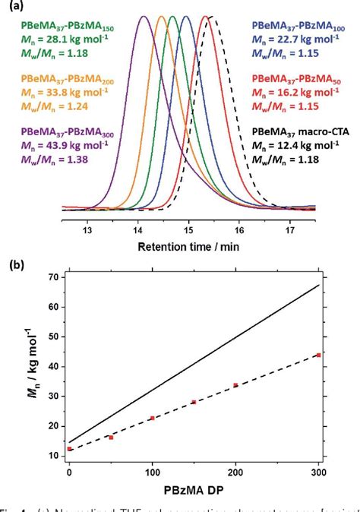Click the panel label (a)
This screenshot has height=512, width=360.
click(11, 7)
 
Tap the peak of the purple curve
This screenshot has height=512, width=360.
click(141, 16)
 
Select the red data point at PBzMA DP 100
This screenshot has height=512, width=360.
click(152, 418)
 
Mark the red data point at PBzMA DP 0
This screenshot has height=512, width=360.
click(69, 449)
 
